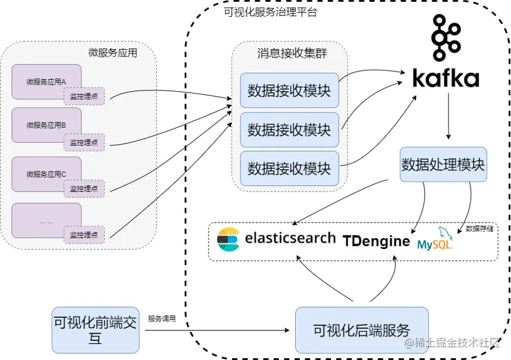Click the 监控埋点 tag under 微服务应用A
[84, 96]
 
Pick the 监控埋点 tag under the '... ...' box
[84, 235]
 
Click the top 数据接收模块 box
[289, 91]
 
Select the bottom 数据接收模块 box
[289, 169]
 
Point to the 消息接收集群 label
[288, 53]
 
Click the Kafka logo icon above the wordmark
[446, 39]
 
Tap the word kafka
[446, 79]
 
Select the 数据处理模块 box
[443, 164]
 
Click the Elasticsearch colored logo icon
[228, 238]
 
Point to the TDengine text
[377, 241]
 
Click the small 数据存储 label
[479, 229]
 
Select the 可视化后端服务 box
[362, 329]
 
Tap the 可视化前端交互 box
[95, 329]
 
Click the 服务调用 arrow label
[162, 319]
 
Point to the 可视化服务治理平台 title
[270, 12]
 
